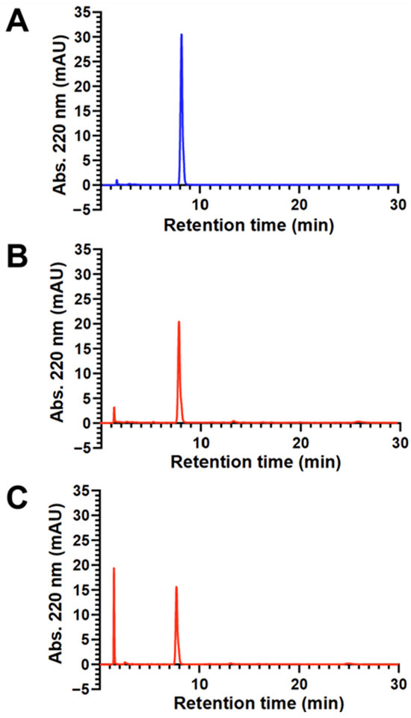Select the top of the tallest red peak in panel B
(179, 322)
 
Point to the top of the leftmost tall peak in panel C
(114, 568)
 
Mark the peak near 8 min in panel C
(176, 587)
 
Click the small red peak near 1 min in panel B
(114, 408)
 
